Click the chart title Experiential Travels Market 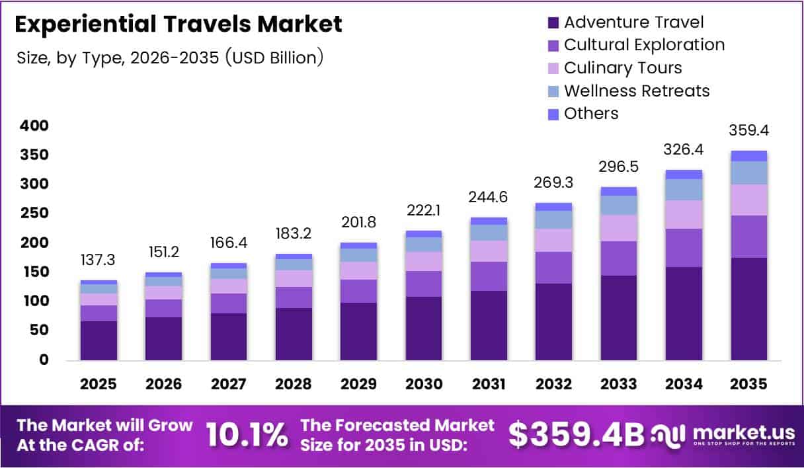tap(179, 24)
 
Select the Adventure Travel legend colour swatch tap(553, 22)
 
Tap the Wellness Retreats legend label tap(637, 91)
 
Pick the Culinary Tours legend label tap(623, 68)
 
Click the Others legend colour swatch tap(553, 114)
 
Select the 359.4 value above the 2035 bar tap(749, 131)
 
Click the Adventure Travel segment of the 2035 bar tap(749, 309)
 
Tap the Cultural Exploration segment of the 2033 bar tap(619, 258)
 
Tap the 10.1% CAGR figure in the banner tap(247, 434)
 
